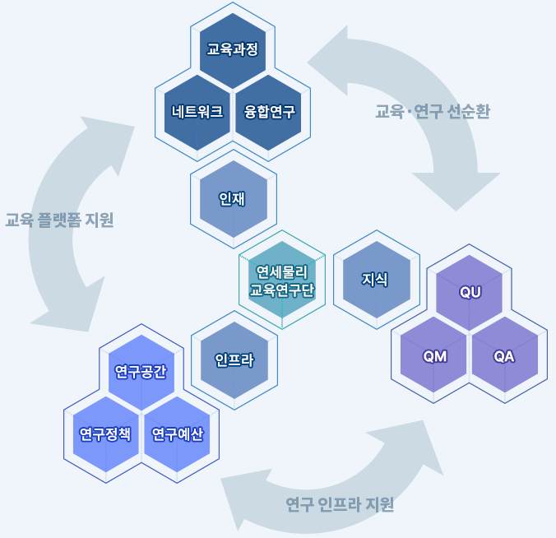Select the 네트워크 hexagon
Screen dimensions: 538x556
pyautogui.click(x=197, y=112)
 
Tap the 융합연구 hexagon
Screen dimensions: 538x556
pyautogui.click(x=269, y=112)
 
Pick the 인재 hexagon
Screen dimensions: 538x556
pyautogui.click(x=233, y=199)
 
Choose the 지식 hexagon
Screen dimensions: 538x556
pyautogui.click(x=376, y=280)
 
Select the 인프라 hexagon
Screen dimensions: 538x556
pyautogui.click(x=234, y=360)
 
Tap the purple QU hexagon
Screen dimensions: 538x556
pyautogui.click(x=470, y=293)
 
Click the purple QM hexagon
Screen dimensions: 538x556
pyautogui.click(x=434, y=356)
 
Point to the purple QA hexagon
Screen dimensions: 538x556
pyautogui.click(x=504, y=356)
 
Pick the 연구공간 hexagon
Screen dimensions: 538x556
pyautogui.click(x=141, y=372)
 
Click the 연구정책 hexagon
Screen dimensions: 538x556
pyautogui.click(x=105, y=434)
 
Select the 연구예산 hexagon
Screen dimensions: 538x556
pyautogui.click(x=177, y=434)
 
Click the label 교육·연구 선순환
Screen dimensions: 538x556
pyautogui.click(x=432, y=112)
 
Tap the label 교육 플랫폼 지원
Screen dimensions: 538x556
pyautogui.click(x=59, y=220)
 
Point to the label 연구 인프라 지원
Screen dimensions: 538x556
pyautogui.click(x=340, y=504)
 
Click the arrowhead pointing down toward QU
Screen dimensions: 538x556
pyautogui.click(x=456, y=188)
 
